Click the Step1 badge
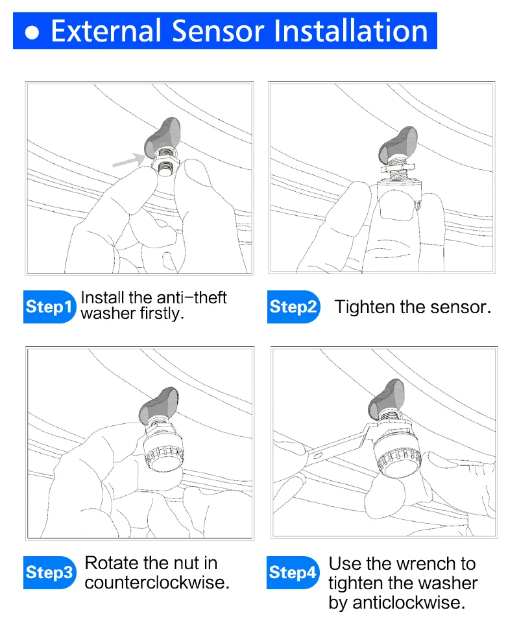click(49, 307)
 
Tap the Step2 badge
click(293, 307)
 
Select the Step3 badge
click(49, 572)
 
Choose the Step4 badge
click(293, 572)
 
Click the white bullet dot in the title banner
click(32, 33)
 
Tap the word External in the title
click(106, 31)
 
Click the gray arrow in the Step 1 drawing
click(128, 159)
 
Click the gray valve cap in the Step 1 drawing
click(163, 136)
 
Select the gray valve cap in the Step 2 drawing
click(398, 145)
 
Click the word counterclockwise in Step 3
click(157, 583)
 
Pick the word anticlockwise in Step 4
click(409, 603)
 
